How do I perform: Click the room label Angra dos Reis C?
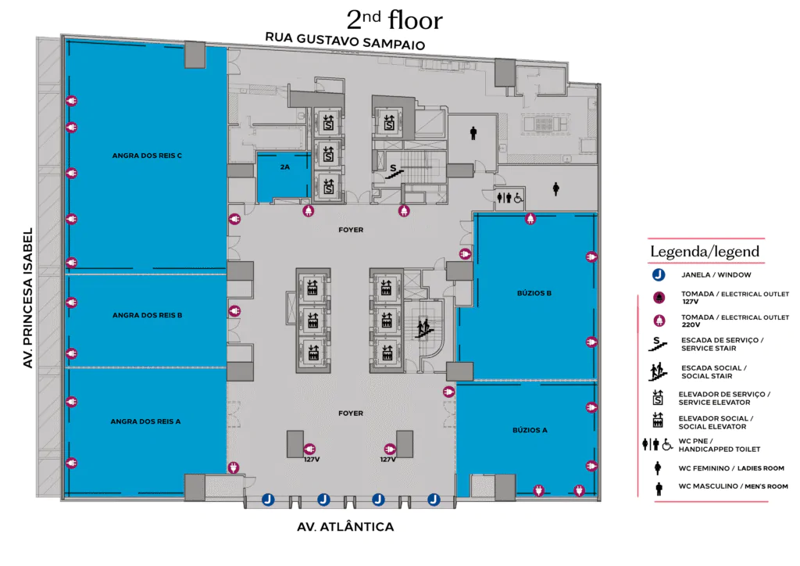coord(147,156)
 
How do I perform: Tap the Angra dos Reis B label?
coord(147,315)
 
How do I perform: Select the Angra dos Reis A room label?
coord(145,421)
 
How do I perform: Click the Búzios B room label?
coord(534,293)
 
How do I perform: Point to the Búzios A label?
coord(530,430)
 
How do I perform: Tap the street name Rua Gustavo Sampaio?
coord(345,41)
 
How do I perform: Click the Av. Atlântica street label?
coord(345,527)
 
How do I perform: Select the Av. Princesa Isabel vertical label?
coord(27,298)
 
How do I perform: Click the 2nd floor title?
coord(395,20)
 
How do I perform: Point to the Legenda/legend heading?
coord(705,251)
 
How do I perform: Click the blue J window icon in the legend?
coord(659,274)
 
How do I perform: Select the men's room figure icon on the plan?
coord(473,133)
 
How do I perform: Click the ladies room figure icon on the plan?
coord(556,189)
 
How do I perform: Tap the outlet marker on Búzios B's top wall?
coord(530,219)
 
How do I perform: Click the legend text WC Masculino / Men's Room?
coord(733,486)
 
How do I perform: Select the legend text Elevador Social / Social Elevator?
coord(716,423)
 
